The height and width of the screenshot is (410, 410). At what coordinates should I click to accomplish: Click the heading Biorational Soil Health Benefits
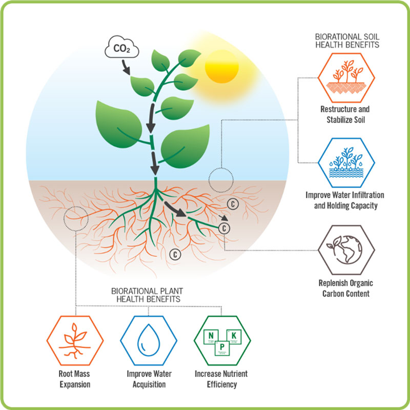pos(346,41)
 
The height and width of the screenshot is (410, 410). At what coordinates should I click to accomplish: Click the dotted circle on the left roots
pos(76,219)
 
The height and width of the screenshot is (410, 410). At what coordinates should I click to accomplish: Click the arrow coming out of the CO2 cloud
pos(126,66)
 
